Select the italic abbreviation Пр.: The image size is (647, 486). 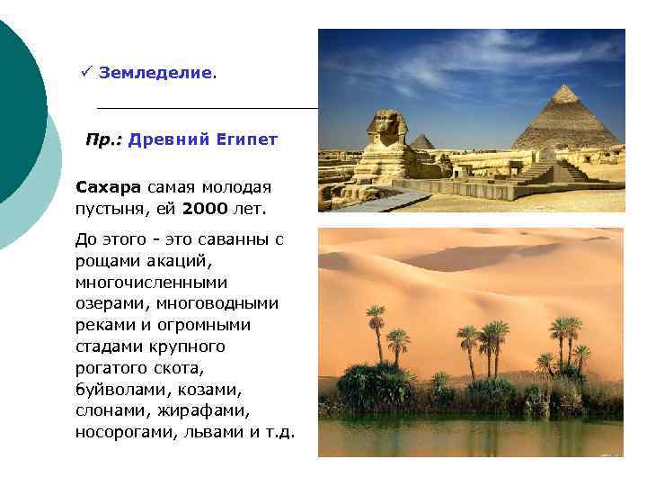[104, 140]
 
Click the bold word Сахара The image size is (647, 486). [109, 187]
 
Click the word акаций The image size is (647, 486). [173, 261]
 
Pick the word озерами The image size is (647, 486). [110, 304]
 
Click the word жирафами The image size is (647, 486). [197, 410]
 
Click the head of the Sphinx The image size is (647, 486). [386, 125]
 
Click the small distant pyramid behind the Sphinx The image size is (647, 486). [421, 141]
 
